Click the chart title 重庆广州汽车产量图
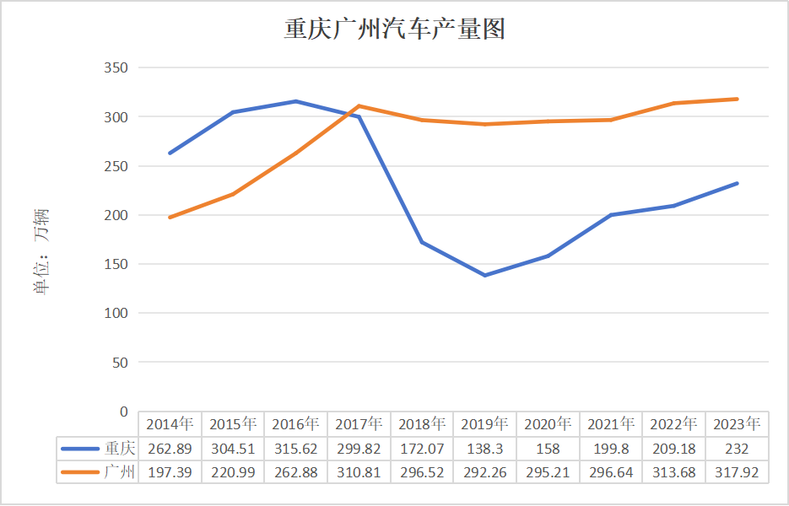click(394, 30)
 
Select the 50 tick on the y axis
click(119, 363)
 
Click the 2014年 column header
click(170, 424)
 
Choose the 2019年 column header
click(484, 424)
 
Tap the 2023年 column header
click(737, 424)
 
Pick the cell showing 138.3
click(484, 449)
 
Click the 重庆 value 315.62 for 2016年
click(295, 449)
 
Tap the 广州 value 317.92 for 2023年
click(737, 472)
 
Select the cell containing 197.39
click(170, 472)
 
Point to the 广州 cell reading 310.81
click(359, 472)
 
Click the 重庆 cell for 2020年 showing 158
click(548, 449)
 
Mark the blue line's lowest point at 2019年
click(484, 275)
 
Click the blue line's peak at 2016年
click(295, 101)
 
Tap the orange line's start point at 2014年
click(170, 218)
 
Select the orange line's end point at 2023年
click(737, 99)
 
